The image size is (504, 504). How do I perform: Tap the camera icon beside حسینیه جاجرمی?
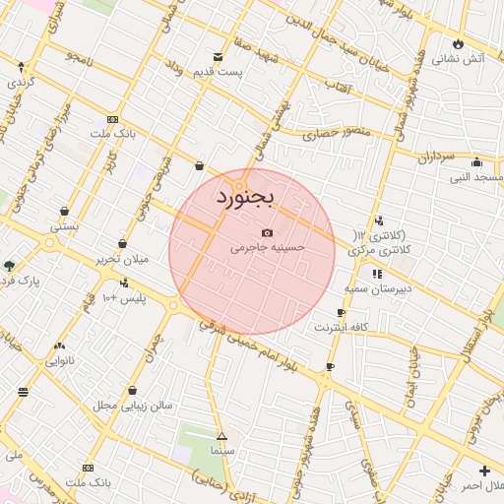click(x=267, y=232)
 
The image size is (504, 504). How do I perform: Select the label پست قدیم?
click(x=216, y=74)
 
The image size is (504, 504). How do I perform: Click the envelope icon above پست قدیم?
click(x=217, y=57)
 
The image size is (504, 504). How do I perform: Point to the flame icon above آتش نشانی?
click(x=458, y=43)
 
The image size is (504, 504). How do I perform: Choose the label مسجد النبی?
click(x=476, y=178)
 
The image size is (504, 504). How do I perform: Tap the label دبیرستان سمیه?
click(x=376, y=289)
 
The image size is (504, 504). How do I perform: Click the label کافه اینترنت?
click(x=341, y=326)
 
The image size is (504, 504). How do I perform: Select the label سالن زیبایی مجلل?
click(x=133, y=406)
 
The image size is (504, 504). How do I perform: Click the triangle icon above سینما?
click(x=221, y=434)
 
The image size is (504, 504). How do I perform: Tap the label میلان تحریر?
click(x=121, y=259)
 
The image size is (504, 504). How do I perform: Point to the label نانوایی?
click(x=60, y=361)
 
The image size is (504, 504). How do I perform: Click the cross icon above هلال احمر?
click(x=484, y=471)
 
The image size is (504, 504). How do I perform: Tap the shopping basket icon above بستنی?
click(x=65, y=211)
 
